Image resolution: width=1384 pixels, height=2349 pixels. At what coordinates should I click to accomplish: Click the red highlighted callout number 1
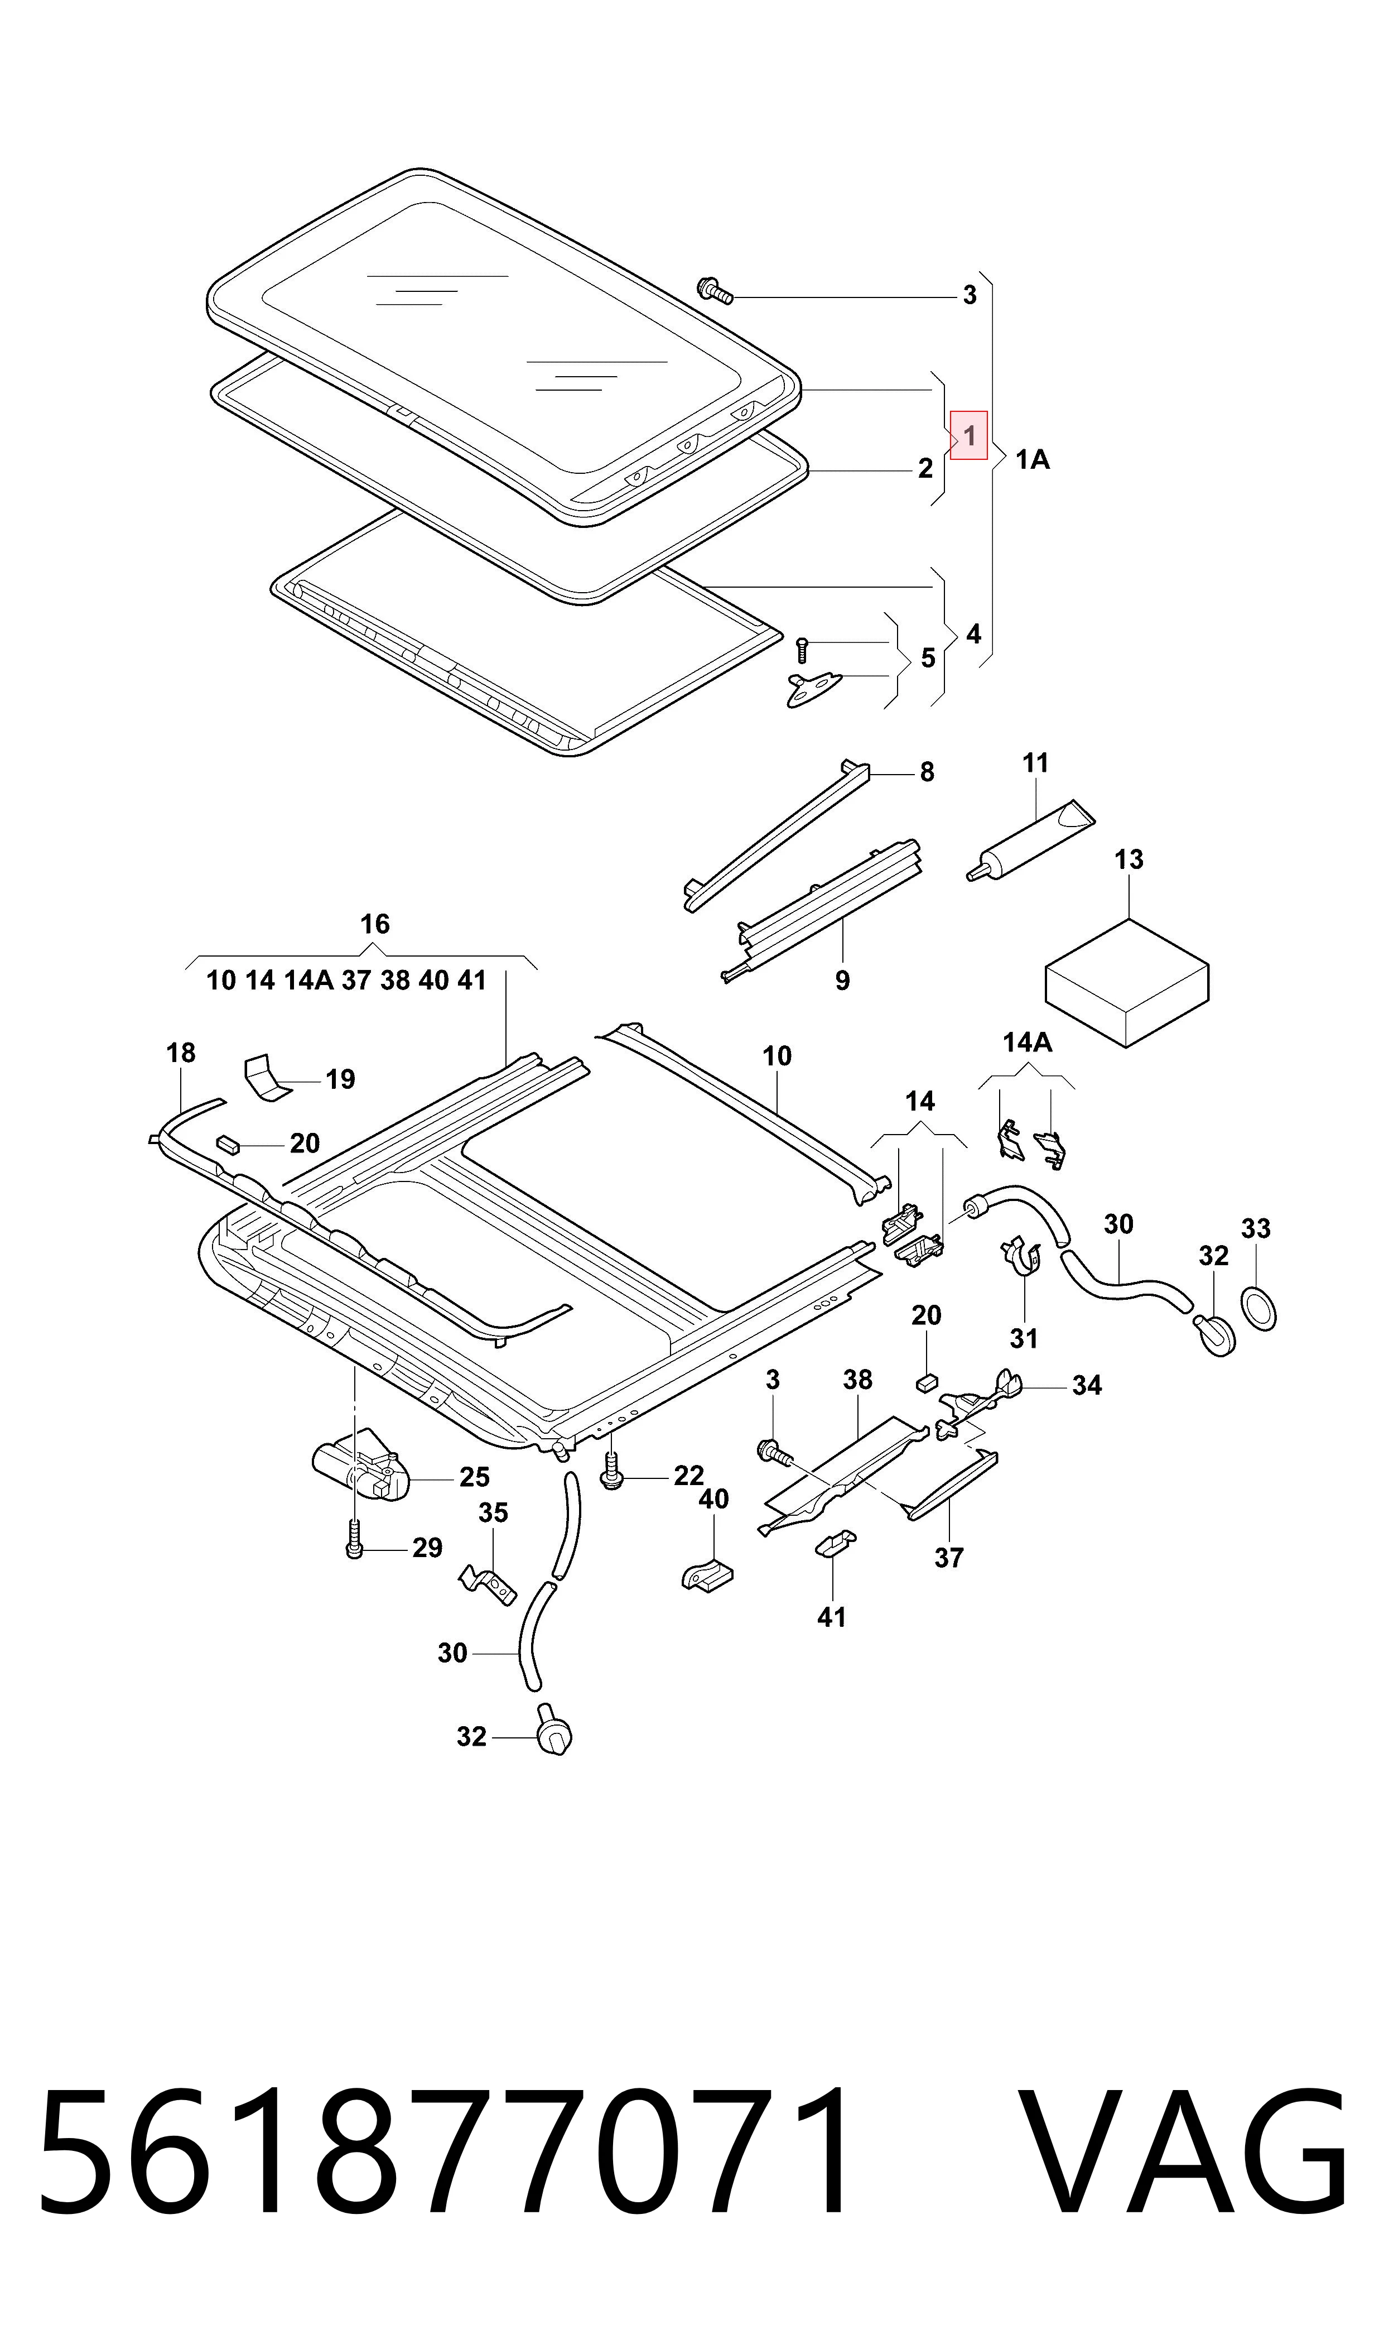pyautogui.click(x=969, y=436)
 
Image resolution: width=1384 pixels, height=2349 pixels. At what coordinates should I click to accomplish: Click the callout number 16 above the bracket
pyautogui.click(x=375, y=925)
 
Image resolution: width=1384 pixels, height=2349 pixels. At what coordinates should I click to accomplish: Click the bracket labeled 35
pyautogui.click(x=487, y=1584)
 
